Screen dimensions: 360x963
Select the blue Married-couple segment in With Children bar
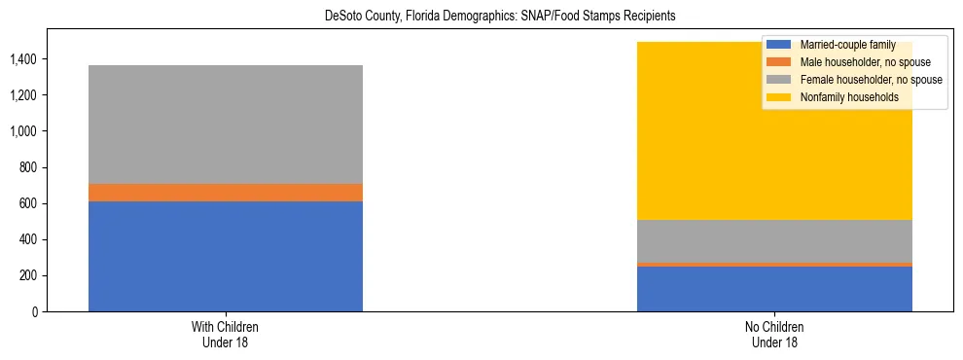click(225, 256)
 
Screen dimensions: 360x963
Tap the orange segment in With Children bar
click(225, 193)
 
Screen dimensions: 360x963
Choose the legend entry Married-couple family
click(841, 45)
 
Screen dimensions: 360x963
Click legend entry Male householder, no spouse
click(857, 62)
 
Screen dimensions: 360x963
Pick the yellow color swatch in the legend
click(778, 97)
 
